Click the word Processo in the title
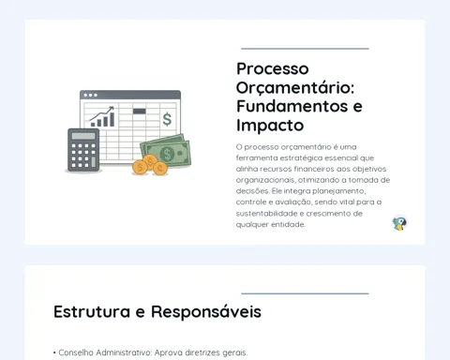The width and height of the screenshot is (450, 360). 273,69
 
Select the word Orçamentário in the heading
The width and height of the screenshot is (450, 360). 295,88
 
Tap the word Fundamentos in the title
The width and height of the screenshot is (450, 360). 292,106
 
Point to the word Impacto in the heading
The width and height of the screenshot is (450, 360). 270,126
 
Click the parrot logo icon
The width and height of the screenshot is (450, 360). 399,223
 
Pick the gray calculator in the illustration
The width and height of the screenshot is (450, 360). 83,150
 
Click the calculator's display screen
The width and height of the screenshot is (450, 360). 83,136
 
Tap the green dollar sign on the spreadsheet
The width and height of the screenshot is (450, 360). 167,119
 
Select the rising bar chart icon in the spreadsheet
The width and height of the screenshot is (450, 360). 102,116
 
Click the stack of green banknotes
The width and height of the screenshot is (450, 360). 166,151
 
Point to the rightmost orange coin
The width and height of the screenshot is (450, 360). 160,169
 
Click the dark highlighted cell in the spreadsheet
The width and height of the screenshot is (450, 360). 140,112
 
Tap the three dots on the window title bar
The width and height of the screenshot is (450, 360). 90,95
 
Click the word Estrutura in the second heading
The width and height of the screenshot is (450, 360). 92,311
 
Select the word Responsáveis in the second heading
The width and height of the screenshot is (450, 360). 206,312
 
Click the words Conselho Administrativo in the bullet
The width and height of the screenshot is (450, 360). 105,352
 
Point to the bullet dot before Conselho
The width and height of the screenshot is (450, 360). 54,352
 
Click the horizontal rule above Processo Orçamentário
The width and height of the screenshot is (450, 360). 305,49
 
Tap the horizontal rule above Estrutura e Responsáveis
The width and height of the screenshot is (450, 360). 305,293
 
